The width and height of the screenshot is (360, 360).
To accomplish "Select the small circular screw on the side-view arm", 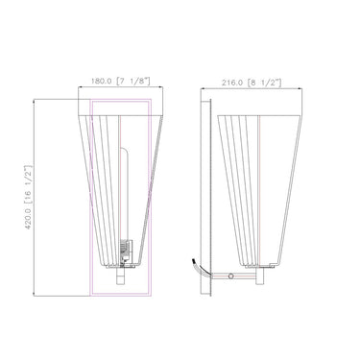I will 235,276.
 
